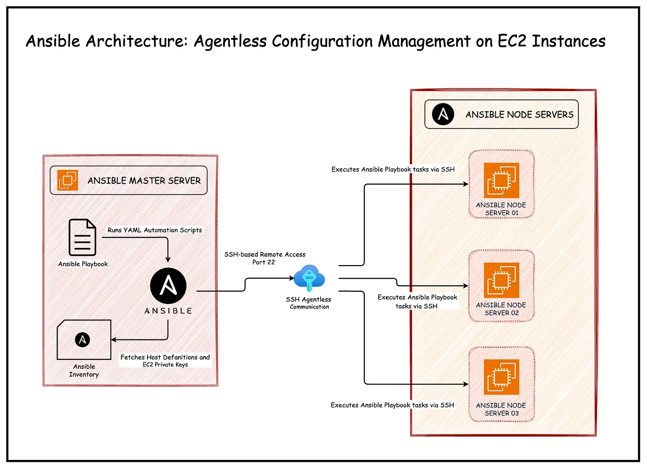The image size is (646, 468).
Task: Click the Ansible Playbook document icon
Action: (x=82, y=237)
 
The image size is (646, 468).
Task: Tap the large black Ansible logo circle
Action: (x=168, y=286)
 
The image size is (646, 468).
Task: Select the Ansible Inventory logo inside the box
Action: (x=82, y=339)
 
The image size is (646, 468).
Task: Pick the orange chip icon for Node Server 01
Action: (x=501, y=180)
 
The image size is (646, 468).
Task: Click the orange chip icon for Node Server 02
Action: (x=501, y=280)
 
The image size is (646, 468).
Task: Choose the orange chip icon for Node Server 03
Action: (x=501, y=377)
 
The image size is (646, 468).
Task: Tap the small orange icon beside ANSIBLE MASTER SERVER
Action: (x=68, y=180)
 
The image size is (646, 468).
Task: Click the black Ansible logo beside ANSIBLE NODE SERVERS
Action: (x=443, y=114)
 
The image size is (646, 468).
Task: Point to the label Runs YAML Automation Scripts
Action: (x=155, y=230)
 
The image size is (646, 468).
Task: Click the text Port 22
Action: (x=264, y=262)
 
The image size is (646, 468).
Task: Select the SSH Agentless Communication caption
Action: (x=309, y=303)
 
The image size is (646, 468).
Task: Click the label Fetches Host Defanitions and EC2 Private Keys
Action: (x=165, y=360)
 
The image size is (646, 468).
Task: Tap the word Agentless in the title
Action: (x=230, y=41)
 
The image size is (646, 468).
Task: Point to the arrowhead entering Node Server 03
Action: (x=466, y=384)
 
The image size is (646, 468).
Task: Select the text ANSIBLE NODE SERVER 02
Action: (x=501, y=309)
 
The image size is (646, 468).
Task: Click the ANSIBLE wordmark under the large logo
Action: (x=168, y=311)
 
